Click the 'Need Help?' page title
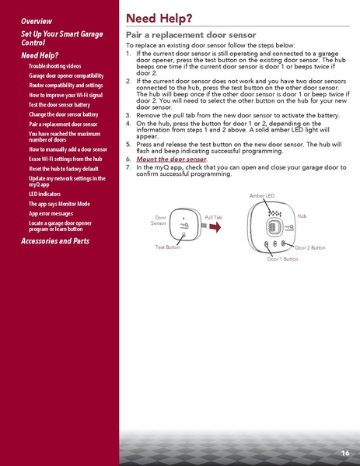159,17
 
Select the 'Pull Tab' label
214,215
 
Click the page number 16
344,452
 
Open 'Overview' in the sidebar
37,19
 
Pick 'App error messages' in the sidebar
51,212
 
